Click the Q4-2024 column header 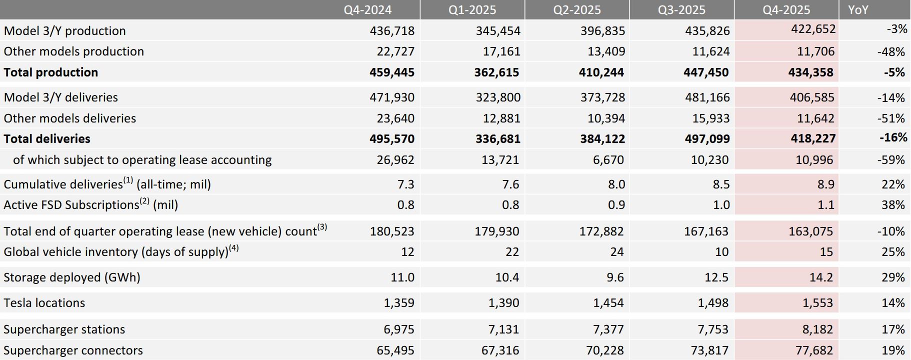pyautogui.click(x=367, y=10)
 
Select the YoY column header pyautogui.click(x=858, y=10)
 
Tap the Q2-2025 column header pyautogui.click(x=577, y=10)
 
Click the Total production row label pyautogui.click(x=51, y=72)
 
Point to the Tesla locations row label pyautogui.click(x=44, y=303)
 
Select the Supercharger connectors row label pyautogui.click(x=73, y=350)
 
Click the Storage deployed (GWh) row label pyautogui.click(x=72, y=277)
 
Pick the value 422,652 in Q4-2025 pyautogui.click(x=813, y=29)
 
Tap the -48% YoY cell pyautogui.click(x=891, y=52)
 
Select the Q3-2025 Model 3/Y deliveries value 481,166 pyautogui.click(x=707, y=97)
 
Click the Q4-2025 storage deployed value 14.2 pyautogui.click(x=821, y=277)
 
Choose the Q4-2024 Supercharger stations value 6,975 pyautogui.click(x=398, y=329)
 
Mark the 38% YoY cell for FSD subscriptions pyautogui.click(x=893, y=205)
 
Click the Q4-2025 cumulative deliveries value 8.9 pyautogui.click(x=825, y=184)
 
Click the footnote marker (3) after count pyautogui.click(x=322, y=227)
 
